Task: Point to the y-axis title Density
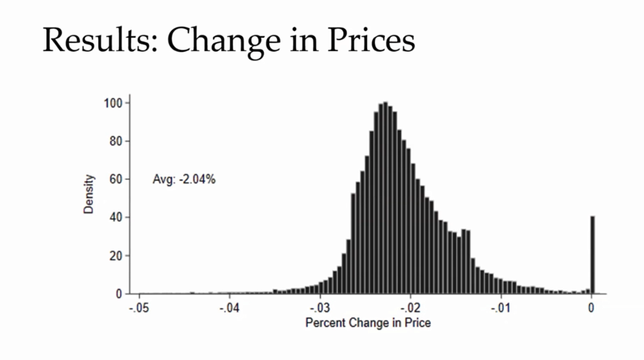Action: (89, 193)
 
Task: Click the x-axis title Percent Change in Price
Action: (368, 322)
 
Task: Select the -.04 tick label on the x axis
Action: (230, 307)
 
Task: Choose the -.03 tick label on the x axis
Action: (320, 307)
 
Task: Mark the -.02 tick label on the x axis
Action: (411, 307)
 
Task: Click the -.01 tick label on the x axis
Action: (501, 307)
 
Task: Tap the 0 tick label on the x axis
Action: (591, 307)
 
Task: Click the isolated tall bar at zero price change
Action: (593, 255)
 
